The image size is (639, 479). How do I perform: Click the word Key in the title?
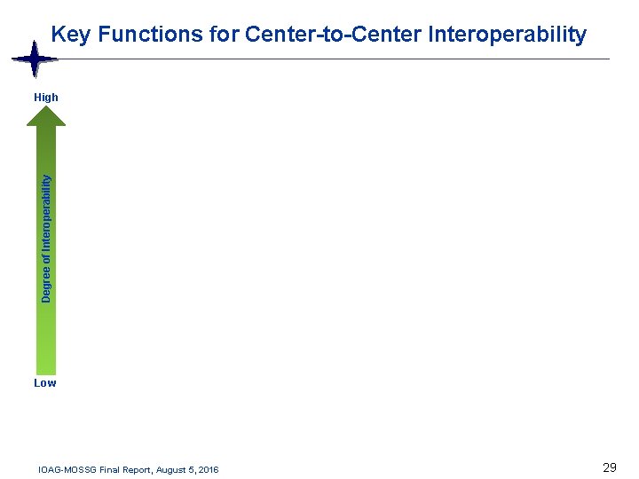click(x=72, y=35)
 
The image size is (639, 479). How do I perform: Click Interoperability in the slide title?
click(x=507, y=35)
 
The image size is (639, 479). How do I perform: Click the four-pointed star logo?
click(x=34, y=60)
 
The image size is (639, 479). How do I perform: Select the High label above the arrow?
click(x=45, y=98)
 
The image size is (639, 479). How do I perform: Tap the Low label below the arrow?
click(x=44, y=383)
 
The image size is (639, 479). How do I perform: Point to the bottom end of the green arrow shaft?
click(x=45, y=371)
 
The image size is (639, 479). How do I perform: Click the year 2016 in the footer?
click(x=210, y=469)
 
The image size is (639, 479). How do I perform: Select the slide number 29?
click(x=609, y=467)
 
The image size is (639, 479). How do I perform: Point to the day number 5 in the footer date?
click(x=194, y=469)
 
